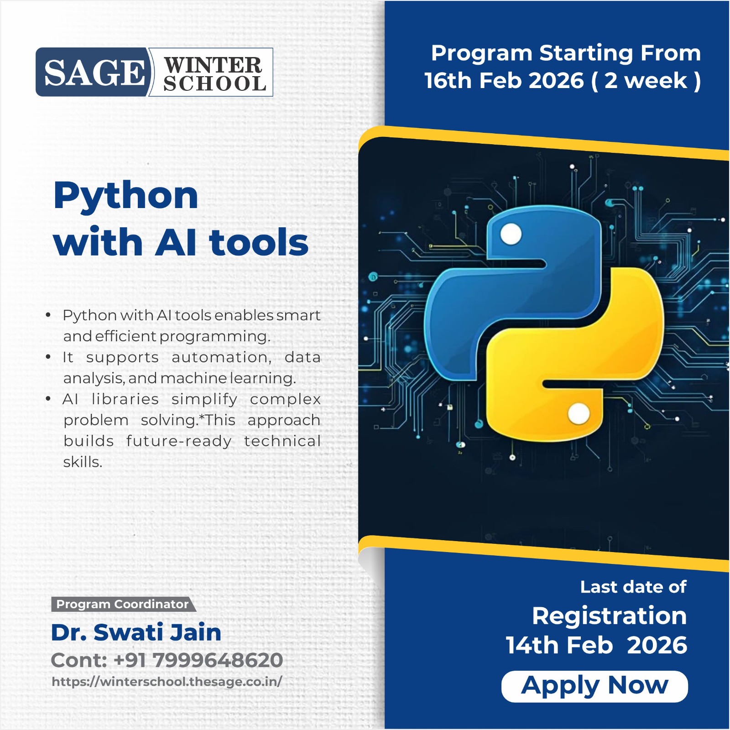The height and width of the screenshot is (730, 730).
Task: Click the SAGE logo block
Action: pyautogui.click(x=94, y=73)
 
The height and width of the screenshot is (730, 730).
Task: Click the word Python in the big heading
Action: pyautogui.click(x=126, y=196)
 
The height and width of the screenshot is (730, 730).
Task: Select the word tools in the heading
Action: pyautogui.click(x=259, y=242)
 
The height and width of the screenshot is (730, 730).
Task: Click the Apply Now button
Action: pyautogui.click(x=594, y=686)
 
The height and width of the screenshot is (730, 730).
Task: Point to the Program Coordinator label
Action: pyautogui.click(x=122, y=604)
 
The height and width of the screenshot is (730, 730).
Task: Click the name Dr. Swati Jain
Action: pyautogui.click(x=136, y=632)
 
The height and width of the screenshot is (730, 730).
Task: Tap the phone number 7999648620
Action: pyautogui.click(x=218, y=660)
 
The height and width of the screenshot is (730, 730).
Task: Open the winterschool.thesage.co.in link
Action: pyautogui.click(x=167, y=682)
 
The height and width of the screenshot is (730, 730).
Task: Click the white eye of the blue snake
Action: pyautogui.click(x=511, y=235)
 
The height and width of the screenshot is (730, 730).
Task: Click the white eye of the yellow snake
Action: pyautogui.click(x=579, y=414)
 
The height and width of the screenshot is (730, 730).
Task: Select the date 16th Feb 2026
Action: pyautogui.click(x=504, y=81)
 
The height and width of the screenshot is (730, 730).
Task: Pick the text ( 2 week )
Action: pyautogui.click(x=646, y=81)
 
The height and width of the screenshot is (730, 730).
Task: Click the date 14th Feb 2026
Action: pyautogui.click(x=596, y=645)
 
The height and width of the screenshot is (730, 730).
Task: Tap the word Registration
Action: pyautogui.click(x=610, y=616)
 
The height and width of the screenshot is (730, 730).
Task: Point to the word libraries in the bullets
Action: pyautogui.click(x=125, y=399)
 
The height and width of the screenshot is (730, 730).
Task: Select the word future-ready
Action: pyautogui.click(x=179, y=441)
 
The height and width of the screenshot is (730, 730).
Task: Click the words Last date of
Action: pyautogui.click(x=633, y=587)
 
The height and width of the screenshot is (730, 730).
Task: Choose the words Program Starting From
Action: pyautogui.click(x=566, y=53)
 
